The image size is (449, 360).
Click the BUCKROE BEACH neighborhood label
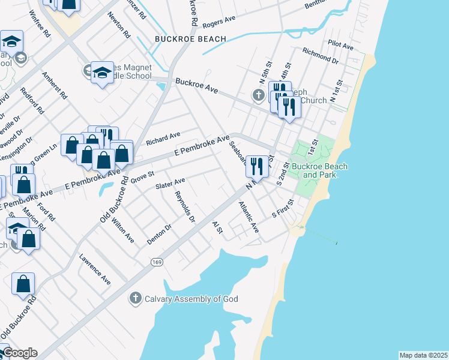tap(190, 39)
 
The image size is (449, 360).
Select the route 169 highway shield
tap(157, 262)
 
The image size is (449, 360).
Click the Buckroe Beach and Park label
tap(318, 170)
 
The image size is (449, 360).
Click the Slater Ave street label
tap(170, 182)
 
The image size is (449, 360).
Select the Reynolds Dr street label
tap(185, 207)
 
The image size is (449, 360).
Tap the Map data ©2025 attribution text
tap(423, 355)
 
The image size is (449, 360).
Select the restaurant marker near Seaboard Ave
tap(257, 166)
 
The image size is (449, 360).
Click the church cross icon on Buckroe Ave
tap(258, 95)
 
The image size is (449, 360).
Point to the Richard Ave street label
tap(163, 139)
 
